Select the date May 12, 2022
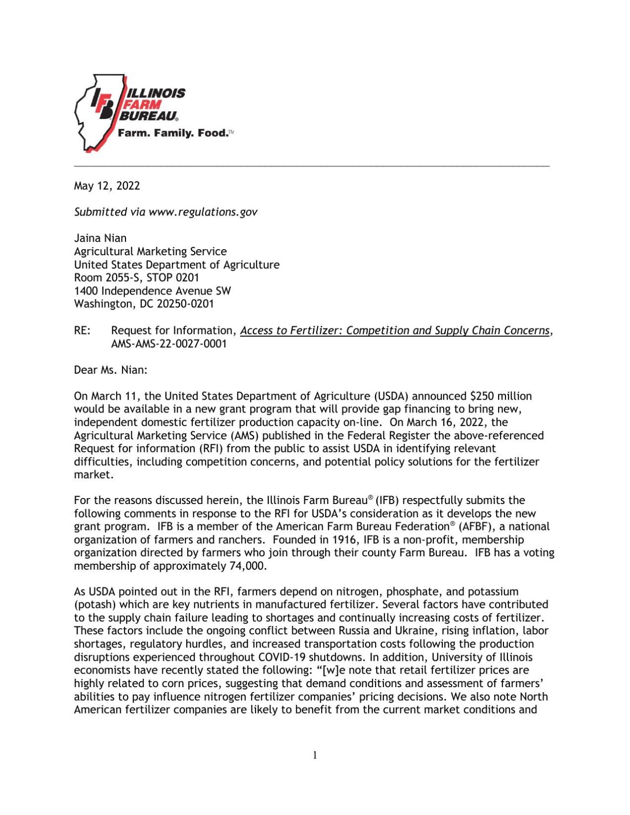click(x=107, y=186)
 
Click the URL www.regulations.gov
click(x=203, y=212)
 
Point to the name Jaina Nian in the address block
click(x=100, y=238)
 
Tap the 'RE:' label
click(x=82, y=331)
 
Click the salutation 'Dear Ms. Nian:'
click(x=111, y=370)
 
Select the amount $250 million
click(x=501, y=397)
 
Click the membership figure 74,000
click(x=248, y=566)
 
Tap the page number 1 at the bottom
click(x=315, y=755)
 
